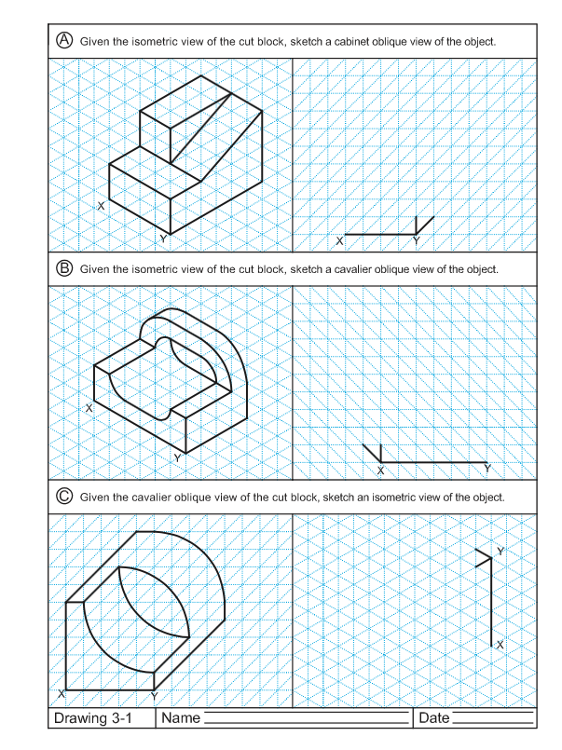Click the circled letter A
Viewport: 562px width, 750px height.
64,40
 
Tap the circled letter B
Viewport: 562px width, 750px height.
64,268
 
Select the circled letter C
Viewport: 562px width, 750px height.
64,497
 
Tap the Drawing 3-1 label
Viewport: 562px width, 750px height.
93,718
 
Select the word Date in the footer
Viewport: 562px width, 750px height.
434,718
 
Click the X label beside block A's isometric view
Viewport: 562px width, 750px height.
101,206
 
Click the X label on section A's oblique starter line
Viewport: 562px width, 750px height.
339,241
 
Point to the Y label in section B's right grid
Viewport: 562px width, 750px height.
487,468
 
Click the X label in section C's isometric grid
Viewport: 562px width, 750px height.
500,644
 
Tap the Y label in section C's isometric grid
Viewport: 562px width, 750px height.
500,552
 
